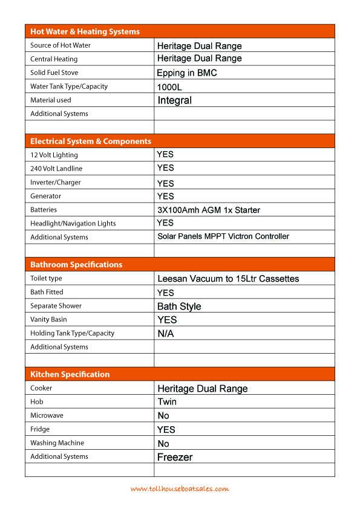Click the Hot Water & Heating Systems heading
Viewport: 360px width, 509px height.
click(85, 31)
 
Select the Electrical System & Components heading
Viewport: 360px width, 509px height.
click(91, 141)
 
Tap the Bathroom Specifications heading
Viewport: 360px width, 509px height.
click(76, 265)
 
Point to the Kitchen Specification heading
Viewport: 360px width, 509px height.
click(70, 374)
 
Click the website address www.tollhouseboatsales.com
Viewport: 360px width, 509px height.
click(180, 488)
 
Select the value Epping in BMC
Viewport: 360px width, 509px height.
click(186, 73)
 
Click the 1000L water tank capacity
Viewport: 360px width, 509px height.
click(169, 87)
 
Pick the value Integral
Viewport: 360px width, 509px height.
click(174, 100)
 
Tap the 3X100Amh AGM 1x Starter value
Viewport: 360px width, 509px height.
click(209, 210)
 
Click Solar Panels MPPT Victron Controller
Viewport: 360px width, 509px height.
click(223, 236)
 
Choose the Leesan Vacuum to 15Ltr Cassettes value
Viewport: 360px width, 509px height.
click(228, 279)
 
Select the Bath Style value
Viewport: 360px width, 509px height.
click(179, 306)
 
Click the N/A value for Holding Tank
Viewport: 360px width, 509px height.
click(165, 334)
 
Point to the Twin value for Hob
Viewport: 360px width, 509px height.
click(167, 402)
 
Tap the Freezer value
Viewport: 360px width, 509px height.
click(175, 458)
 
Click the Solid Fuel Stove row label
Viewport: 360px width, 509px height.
click(54, 73)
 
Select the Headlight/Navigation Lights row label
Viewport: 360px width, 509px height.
click(73, 224)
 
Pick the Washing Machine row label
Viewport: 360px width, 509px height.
click(57, 443)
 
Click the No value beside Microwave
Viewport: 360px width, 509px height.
click(163, 416)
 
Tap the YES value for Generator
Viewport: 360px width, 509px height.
click(165, 196)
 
